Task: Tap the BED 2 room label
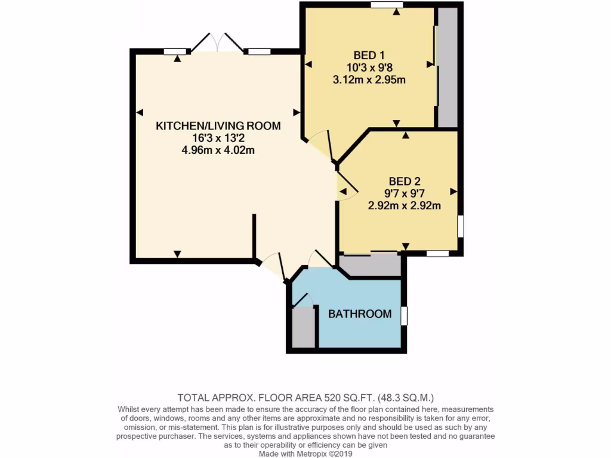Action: click(404, 181)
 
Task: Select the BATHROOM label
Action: click(360, 314)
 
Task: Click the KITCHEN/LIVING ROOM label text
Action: click(218, 126)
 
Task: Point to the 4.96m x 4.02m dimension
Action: click(218, 150)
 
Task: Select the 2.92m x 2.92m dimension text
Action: click(404, 206)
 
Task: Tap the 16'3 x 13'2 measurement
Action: click(218, 138)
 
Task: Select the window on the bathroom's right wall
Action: click(404, 316)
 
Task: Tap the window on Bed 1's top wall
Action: click(387, 5)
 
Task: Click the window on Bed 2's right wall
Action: click(460, 227)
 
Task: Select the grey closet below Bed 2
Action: click(370, 265)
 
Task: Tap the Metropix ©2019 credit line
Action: click(305, 453)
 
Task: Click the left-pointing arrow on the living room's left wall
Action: click(140, 112)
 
